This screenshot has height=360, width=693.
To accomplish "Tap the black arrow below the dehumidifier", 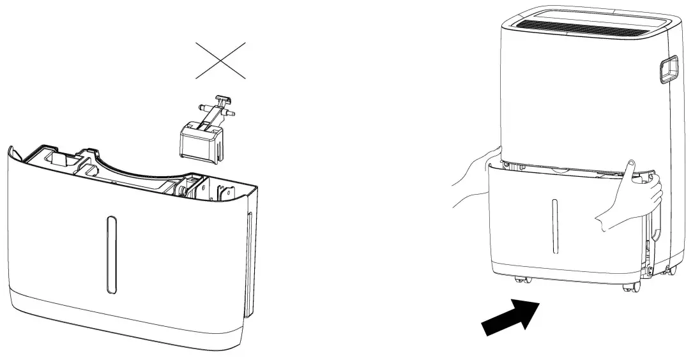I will pyautogui.click(x=511, y=317).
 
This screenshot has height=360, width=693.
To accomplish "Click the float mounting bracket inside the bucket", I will pyautogui.click(x=225, y=191).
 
